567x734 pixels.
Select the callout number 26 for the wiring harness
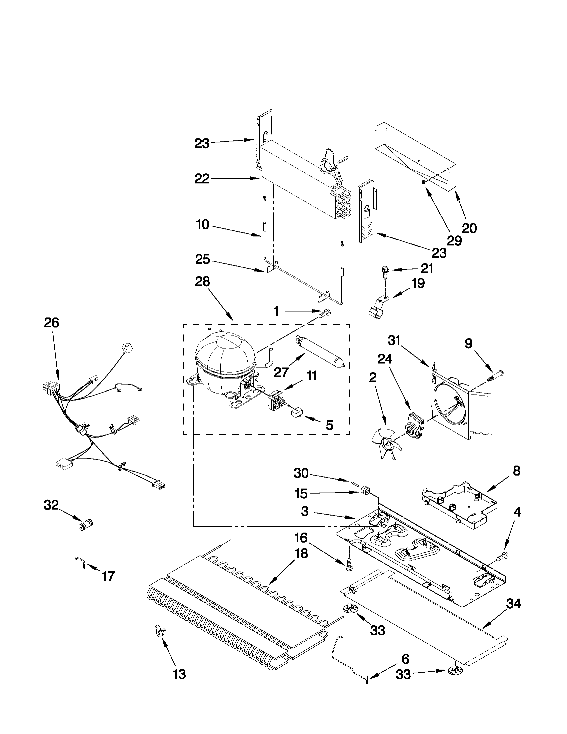[51, 322]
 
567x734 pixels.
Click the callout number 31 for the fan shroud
[394, 341]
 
